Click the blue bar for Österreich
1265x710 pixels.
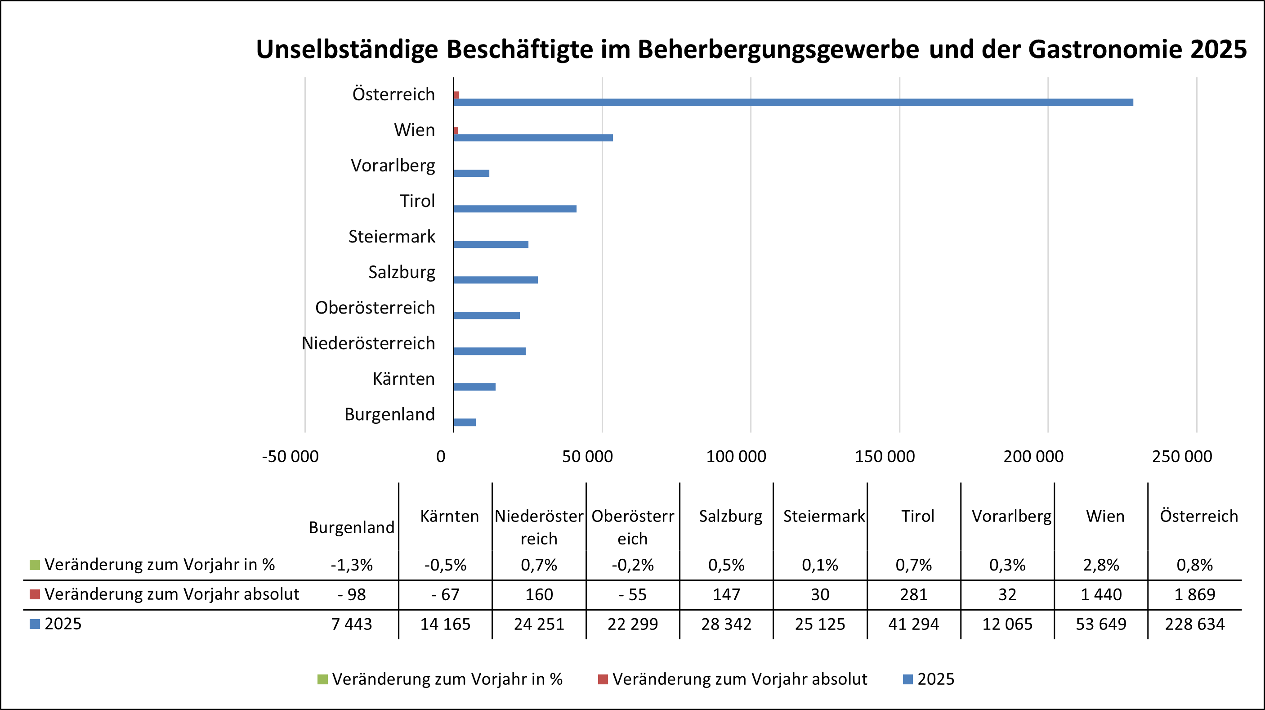coord(793,102)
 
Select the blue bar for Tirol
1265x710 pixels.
coord(514,209)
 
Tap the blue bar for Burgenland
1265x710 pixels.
coord(465,422)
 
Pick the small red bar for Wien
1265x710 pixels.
coord(456,130)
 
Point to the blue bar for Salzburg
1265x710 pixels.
coord(496,280)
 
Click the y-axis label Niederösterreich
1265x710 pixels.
coord(368,343)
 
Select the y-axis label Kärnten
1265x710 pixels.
coord(404,379)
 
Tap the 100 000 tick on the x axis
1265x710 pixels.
coord(736,457)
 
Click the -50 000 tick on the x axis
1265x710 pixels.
coord(290,457)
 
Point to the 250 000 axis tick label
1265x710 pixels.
coord(1182,457)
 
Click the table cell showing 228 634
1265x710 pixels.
coord(1194,624)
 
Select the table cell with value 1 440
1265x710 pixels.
coord(1101,594)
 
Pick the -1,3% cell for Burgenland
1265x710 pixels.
coord(352,565)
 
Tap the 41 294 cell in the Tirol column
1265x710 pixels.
coord(913,624)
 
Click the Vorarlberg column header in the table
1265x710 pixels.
coord(1012,516)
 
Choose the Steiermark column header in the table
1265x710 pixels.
coord(823,516)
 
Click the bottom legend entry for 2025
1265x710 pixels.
coord(935,679)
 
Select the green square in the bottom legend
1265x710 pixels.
coord(322,679)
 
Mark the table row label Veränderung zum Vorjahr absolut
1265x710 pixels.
coord(171,594)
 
